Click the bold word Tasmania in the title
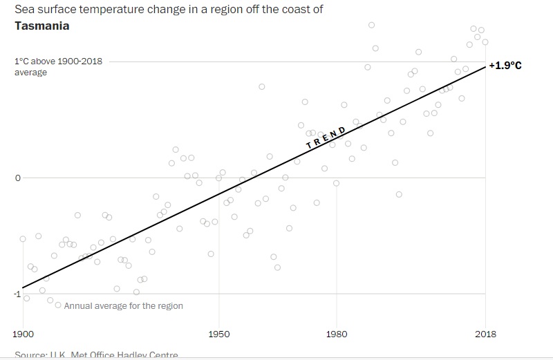pos(41,26)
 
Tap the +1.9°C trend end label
pos(505,66)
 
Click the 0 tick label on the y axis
pos(19,178)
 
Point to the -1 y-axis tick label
pos(17,294)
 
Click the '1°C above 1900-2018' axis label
pos(59,61)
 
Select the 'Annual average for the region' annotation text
pos(123,305)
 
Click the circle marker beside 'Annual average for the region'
pos(58,305)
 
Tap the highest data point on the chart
pos(371,25)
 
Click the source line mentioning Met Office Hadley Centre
pos(96,354)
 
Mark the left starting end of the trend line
pos(24,287)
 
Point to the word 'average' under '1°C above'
pos(30,73)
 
